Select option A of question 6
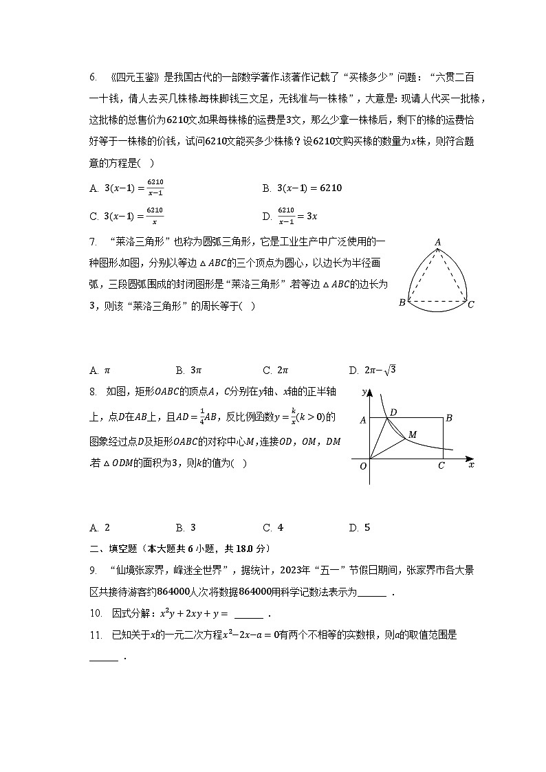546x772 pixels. click(x=127, y=188)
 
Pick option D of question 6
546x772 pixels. click(x=290, y=215)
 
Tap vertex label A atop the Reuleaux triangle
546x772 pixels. click(x=437, y=241)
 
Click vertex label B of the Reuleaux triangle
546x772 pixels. click(x=402, y=303)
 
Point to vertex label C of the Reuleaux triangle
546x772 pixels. click(x=471, y=304)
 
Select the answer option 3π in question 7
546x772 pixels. click(x=186, y=371)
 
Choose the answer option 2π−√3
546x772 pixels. click(x=372, y=371)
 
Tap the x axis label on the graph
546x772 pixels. click(x=471, y=465)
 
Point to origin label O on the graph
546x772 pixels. click(x=363, y=466)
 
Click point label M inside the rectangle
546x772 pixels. click(x=413, y=434)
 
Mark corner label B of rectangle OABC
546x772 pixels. click(x=448, y=417)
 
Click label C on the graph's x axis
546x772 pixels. click(x=441, y=466)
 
